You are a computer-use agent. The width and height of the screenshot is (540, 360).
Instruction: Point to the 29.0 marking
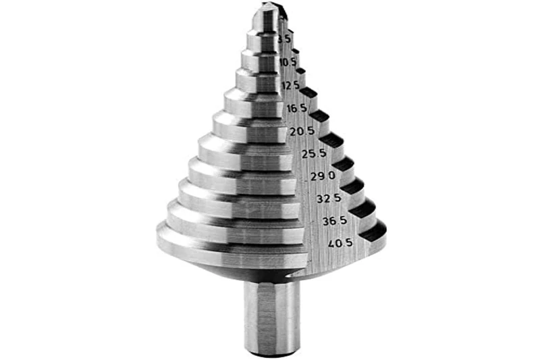[323, 177]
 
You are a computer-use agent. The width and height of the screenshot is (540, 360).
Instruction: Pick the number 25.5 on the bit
[314, 154]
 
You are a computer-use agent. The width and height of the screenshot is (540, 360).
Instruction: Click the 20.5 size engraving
[302, 131]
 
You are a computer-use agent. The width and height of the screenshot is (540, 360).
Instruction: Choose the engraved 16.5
[296, 108]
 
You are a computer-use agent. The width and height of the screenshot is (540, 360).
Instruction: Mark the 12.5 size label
[290, 85]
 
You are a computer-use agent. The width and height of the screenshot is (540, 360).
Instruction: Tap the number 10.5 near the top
[288, 62]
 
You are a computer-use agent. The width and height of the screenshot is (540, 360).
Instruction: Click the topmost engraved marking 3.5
[286, 39]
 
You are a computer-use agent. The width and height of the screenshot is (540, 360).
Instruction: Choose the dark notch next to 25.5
[331, 140]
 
